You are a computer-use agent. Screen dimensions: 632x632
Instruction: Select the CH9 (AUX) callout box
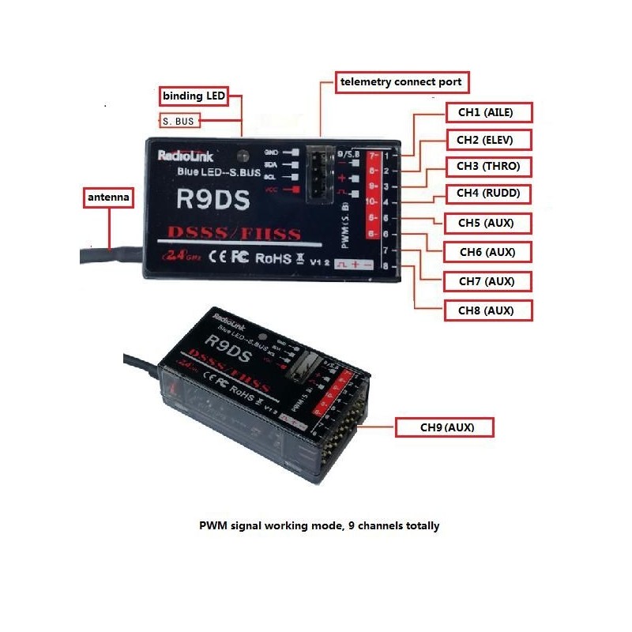tap(446, 427)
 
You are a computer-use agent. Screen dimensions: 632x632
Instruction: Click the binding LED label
tap(194, 96)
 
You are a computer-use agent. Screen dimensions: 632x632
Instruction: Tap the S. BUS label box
tap(179, 122)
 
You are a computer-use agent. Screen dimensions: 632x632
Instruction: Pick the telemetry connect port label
tap(400, 81)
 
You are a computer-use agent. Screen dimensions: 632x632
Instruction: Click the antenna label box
tap(108, 195)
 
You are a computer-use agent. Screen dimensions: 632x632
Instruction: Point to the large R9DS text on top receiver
tap(214, 197)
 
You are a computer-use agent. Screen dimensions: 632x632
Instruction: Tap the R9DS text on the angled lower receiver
tap(224, 343)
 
